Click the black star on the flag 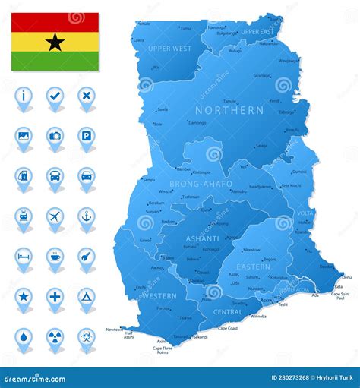click(x=55, y=42)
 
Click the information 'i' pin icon click(x=24, y=96)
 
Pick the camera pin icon click(x=55, y=136)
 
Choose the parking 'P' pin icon click(x=86, y=136)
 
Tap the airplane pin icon click(x=55, y=216)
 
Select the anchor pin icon click(x=86, y=216)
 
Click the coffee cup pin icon click(x=55, y=257)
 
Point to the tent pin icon click(x=86, y=297)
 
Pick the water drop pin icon click(x=24, y=336)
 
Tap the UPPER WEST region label click(x=169, y=49)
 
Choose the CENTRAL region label click(x=227, y=311)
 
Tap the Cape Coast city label click(x=228, y=328)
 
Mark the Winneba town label click(x=258, y=316)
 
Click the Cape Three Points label click(x=163, y=350)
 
